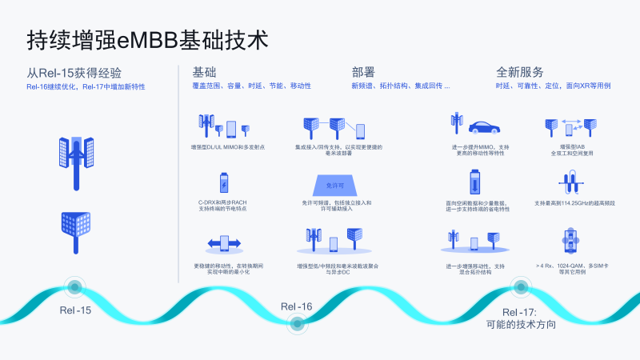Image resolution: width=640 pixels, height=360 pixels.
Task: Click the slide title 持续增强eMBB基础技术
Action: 147,39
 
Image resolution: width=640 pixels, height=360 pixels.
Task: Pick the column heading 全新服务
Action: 520,72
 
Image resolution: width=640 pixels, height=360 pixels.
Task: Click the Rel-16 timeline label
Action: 296,306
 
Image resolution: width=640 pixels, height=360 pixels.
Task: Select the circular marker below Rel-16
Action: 297,324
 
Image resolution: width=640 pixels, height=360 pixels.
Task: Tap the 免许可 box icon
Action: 335,185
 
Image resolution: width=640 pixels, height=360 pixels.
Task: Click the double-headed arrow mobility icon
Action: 224,242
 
